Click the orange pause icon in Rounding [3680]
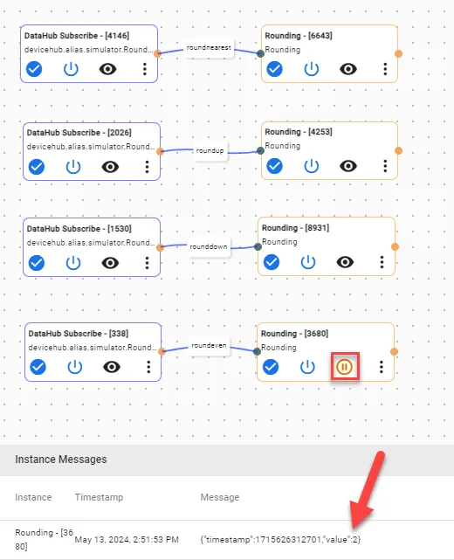[x=344, y=367]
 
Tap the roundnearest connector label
[x=209, y=47]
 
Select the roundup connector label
[x=210, y=151]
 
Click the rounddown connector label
[x=209, y=246]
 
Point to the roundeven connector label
[x=209, y=345]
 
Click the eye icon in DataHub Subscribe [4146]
[x=107, y=69]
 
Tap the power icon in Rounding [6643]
[x=311, y=69]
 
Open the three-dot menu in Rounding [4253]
[x=385, y=166]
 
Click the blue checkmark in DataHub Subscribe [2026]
[x=37, y=167]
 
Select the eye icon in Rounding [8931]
[x=345, y=262]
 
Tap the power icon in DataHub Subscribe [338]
[x=75, y=367]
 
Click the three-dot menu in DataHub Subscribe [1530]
[x=147, y=263]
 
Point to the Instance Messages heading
[x=60, y=460]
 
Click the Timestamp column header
[x=99, y=497]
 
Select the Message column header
[x=220, y=497]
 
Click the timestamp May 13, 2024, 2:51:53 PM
[x=127, y=539]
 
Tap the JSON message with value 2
[x=280, y=539]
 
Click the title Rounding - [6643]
[x=299, y=36]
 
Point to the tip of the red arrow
[x=353, y=529]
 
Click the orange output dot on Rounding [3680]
[x=394, y=352]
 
